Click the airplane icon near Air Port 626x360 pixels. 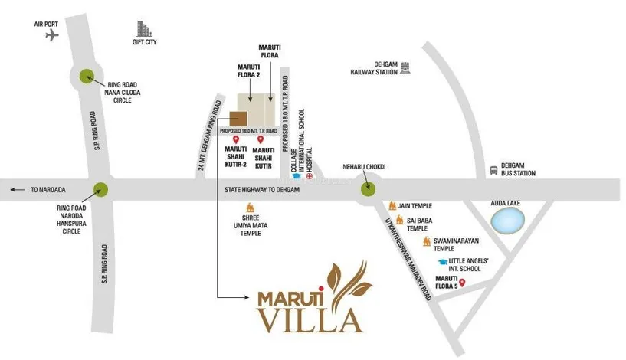pos(51,37)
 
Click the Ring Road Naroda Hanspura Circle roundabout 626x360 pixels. pos(100,190)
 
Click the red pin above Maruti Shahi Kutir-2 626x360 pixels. pos(236,140)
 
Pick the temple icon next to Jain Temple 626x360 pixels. pos(395,206)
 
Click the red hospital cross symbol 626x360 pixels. pos(308,177)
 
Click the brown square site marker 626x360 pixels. pos(238,120)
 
